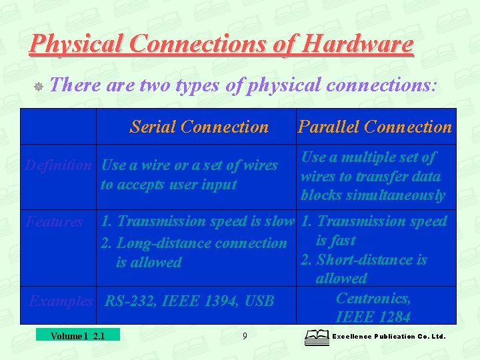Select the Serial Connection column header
[199, 127]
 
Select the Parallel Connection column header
[375, 127]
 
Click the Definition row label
[57, 165]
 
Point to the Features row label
[54, 222]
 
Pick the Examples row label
[61, 301]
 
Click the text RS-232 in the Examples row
[129, 301]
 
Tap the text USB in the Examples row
[259, 301]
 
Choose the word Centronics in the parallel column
[373, 298]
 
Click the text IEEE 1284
[373, 317]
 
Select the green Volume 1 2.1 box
[77, 335]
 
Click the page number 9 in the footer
[245, 336]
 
